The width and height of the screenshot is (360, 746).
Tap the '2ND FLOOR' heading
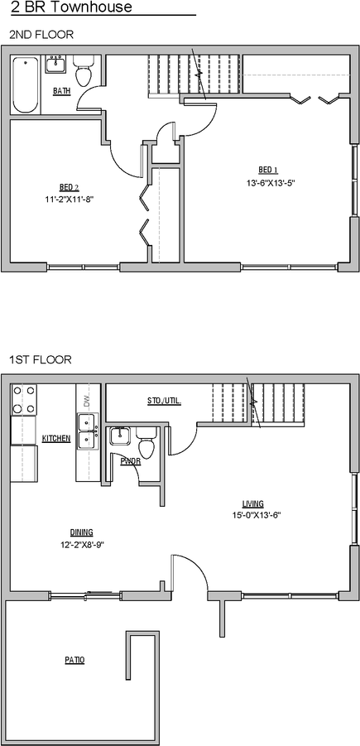[x=41, y=36]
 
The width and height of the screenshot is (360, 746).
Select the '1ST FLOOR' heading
[x=40, y=360]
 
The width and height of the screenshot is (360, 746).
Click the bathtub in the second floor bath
[x=26, y=85]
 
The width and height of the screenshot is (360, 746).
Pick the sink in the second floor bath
[x=57, y=65]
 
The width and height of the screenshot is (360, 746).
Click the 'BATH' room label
[x=60, y=91]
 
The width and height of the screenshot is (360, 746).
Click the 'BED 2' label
[x=69, y=186]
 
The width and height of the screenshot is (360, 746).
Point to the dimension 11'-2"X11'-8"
[x=70, y=200]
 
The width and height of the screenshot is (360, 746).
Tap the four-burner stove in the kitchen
[x=24, y=400]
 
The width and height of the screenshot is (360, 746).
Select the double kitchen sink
[x=86, y=432]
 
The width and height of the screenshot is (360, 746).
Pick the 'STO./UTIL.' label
[x=164, y=401]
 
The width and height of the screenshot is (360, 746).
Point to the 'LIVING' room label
[x=253, y=503]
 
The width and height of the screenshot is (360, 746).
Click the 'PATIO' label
[x=74, y=660]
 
